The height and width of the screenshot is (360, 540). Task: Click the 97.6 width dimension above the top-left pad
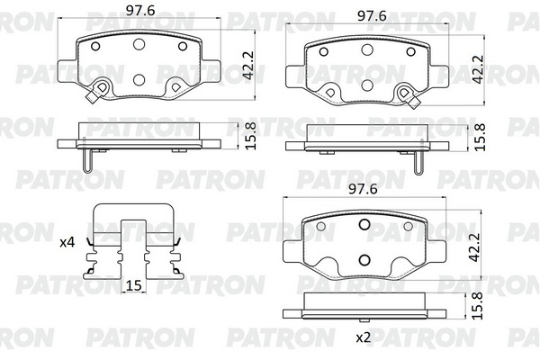pyautogui.click(x=140, y=10)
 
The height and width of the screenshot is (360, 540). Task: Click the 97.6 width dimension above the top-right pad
pyautogui.click(x=372, y=16)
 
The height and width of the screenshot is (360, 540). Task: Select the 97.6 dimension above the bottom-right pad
pyautogui.click(x=363, y=189)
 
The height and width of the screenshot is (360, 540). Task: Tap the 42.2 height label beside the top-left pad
pyautogui.click(x=248, y=66)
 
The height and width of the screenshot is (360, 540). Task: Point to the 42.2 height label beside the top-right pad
pyautogui.click(x=478, y=69)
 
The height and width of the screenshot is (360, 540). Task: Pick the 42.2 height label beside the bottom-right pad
pyautogui.click(x=475, y=247)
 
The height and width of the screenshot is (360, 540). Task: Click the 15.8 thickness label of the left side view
pyautogui.click(x=252, y=136)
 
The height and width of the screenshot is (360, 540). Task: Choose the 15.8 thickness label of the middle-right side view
pyautogui.click(x=480, y=137)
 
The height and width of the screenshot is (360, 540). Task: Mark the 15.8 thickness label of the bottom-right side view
pyautogui.click(x=477, y=306)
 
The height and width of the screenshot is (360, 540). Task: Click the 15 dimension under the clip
pyautogui.click(x=134, y=285)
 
